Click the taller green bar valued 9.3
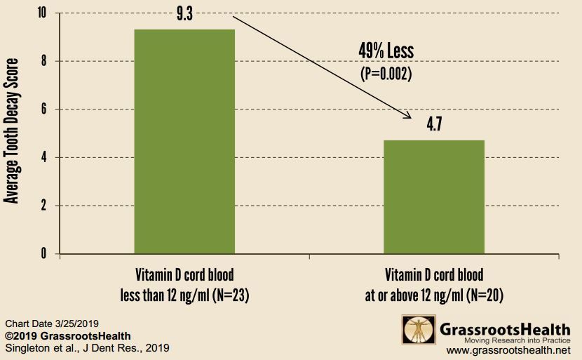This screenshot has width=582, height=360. point(184,140)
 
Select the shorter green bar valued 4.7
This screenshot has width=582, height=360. point(433,196)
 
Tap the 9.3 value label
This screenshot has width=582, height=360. point(185,14)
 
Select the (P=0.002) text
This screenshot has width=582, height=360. point(386,72)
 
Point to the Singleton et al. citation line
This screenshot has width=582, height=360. point(87,347)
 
